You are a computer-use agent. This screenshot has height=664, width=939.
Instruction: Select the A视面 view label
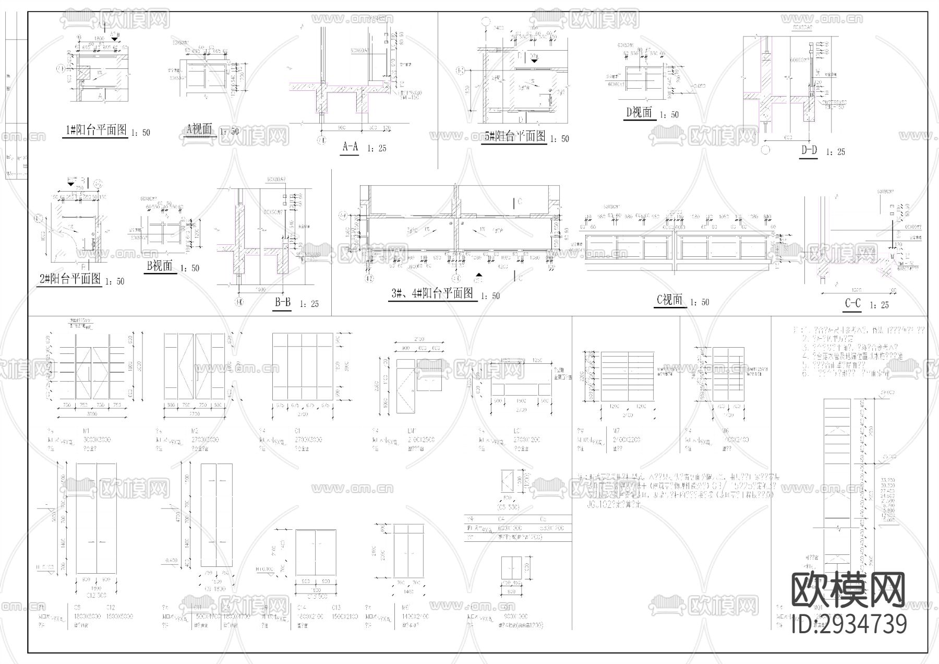click(x=199, y=129)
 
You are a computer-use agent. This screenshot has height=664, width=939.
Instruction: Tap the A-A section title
click(x=350, y=147)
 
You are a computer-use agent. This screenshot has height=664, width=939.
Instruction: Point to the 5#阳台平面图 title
click(x=515, y=137)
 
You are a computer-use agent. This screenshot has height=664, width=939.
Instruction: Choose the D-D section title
click(x=809, y=150)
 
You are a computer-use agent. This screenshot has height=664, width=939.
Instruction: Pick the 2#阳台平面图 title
click(x=70, y=279)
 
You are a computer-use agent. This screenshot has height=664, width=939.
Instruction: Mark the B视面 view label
click(x=159, y=266)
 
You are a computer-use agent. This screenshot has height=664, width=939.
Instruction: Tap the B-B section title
click(x=283, y=303)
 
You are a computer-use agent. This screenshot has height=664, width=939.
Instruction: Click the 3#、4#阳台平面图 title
click(x=432, y=294)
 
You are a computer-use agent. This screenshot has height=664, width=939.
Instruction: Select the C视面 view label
click(x=669, y=300)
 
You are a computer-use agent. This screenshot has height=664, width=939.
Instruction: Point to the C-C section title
click(x=853, y=304)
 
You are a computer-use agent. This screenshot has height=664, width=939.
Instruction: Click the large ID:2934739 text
click(x=849, y=624)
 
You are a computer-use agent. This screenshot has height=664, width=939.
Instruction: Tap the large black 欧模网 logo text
click(x=849, y=590)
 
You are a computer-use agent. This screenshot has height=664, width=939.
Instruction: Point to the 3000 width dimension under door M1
click(x=91, y=414)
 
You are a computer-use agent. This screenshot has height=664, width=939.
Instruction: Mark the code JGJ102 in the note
click(x=601, y=505)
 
